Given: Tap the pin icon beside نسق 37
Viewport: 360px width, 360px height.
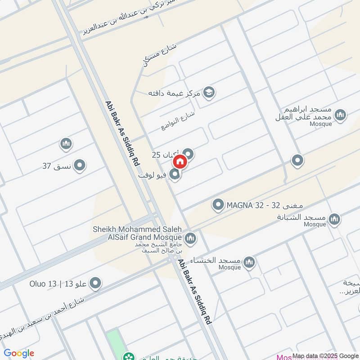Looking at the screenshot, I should point(80,166).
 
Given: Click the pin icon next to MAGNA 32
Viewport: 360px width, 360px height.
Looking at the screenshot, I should point(218,206).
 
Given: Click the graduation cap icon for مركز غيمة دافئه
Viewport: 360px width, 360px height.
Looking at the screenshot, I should point(209,93).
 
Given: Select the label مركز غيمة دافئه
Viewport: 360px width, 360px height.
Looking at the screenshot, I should point(175,93).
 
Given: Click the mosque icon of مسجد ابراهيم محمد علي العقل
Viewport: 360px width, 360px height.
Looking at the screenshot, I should point(341,115).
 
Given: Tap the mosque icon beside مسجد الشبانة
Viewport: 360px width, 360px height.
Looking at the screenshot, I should point(334,219).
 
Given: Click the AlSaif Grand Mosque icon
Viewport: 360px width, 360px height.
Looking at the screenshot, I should point(190,238).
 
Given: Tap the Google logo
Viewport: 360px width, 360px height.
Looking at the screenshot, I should point(19,353).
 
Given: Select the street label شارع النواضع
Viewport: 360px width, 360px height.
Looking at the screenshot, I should point(177,121).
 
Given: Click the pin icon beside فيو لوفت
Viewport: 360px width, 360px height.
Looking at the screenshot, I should point(175,174).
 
